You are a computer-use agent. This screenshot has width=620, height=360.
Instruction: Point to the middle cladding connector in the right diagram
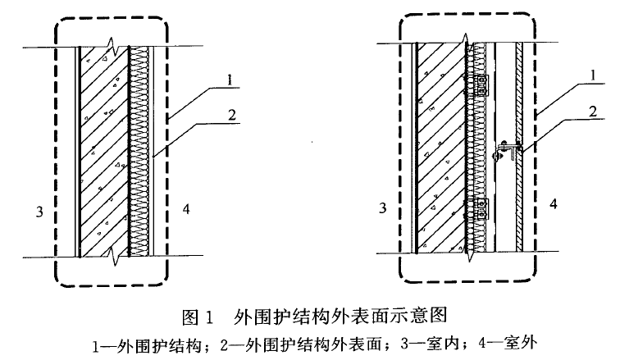508,150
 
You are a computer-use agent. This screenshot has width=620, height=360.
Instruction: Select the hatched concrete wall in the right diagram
441,148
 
